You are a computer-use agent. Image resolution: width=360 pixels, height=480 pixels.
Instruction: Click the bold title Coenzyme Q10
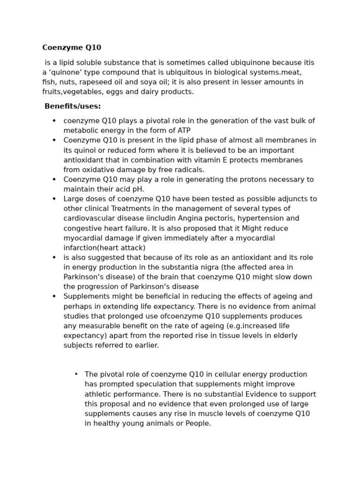pos(72,47)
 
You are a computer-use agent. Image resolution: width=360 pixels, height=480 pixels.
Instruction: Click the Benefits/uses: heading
pos(73,106)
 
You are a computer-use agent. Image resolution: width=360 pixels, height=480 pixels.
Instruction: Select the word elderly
pos(283,336)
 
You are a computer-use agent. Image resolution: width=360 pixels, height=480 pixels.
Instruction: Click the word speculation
pos(149,384)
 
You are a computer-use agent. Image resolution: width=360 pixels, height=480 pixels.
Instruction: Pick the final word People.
pos(198,423)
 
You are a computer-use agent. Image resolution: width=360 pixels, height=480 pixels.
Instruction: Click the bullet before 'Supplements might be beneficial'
pos(54,296)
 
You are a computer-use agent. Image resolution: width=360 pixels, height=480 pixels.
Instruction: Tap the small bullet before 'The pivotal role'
pos(76,374)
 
